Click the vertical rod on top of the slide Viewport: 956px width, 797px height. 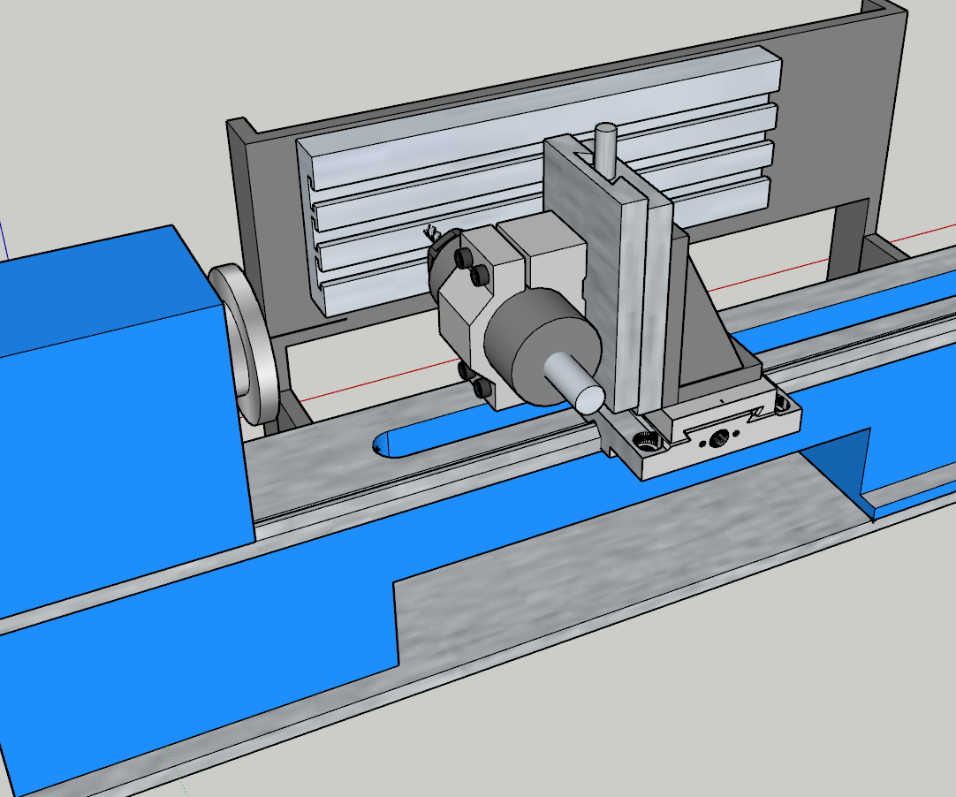click(606, 151)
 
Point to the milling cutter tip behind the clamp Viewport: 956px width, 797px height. click(433, 235)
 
